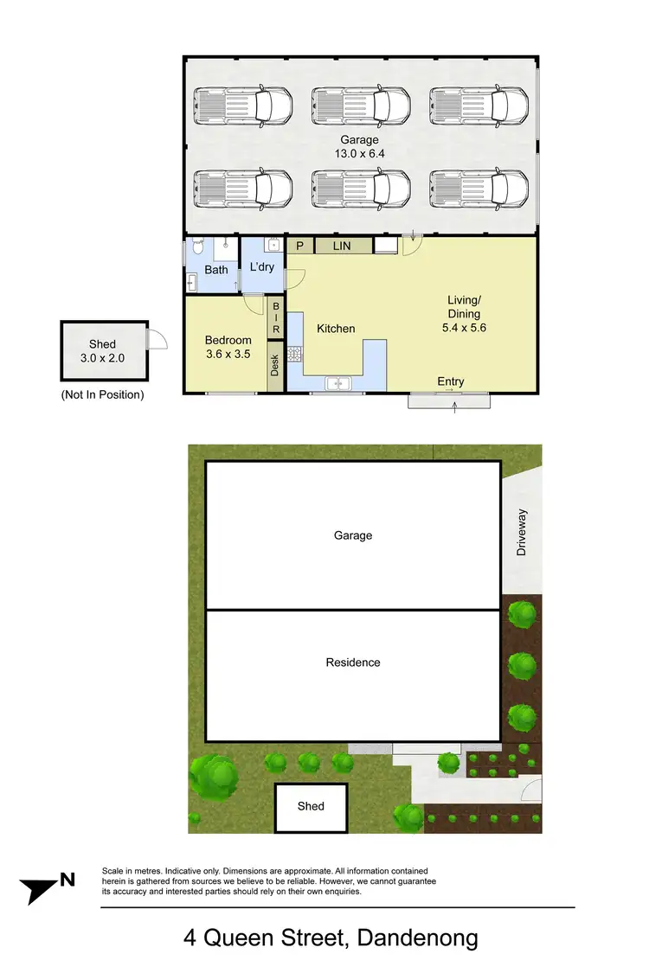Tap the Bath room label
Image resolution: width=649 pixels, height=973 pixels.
pos(216,270)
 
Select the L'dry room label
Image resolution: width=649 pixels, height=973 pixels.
pos(261,266)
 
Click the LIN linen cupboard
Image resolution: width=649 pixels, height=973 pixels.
pos(342,246)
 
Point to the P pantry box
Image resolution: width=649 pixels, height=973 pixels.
pos(299,246)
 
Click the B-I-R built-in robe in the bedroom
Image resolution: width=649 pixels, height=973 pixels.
pos(276,318)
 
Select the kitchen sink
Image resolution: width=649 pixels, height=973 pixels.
pos(337,382)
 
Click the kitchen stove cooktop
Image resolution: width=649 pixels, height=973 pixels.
pos(293,353)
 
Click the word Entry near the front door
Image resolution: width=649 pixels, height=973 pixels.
pos(451,381)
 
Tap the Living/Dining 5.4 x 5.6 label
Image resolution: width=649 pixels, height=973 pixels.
pos(464,314)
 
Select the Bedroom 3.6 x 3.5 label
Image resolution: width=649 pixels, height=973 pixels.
pos(228,347)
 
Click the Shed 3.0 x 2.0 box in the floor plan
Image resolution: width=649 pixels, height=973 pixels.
pos(102,350)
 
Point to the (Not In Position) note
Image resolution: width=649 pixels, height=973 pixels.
pos(102,395)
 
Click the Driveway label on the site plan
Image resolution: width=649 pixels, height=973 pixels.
pos(521,532)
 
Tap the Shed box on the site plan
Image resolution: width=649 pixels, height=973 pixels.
pos(311,806)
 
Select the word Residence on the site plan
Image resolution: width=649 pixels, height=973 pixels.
pos(353,663)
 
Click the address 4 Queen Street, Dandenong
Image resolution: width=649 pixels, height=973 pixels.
pos(331,938)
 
